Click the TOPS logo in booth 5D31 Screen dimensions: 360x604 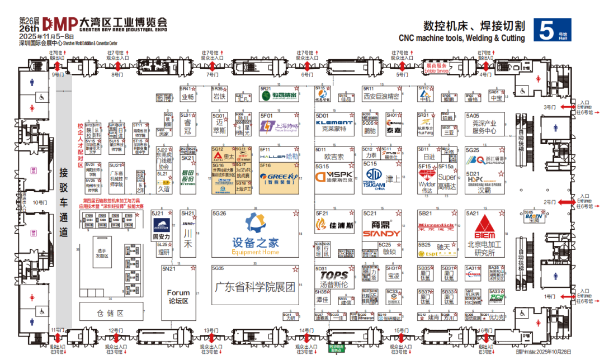[x=334, y=275]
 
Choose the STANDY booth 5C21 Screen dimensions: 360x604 [x=382, y=229]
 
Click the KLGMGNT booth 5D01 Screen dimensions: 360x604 [x=334, y=124]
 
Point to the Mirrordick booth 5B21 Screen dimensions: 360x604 [x=436, y=226]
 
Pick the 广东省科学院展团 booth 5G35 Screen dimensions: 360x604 [x=254, y=287]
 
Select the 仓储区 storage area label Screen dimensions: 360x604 [x=112, y=314]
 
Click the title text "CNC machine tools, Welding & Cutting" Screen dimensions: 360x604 [x=462, y=39]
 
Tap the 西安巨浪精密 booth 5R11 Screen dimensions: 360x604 [x=382, y=96]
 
